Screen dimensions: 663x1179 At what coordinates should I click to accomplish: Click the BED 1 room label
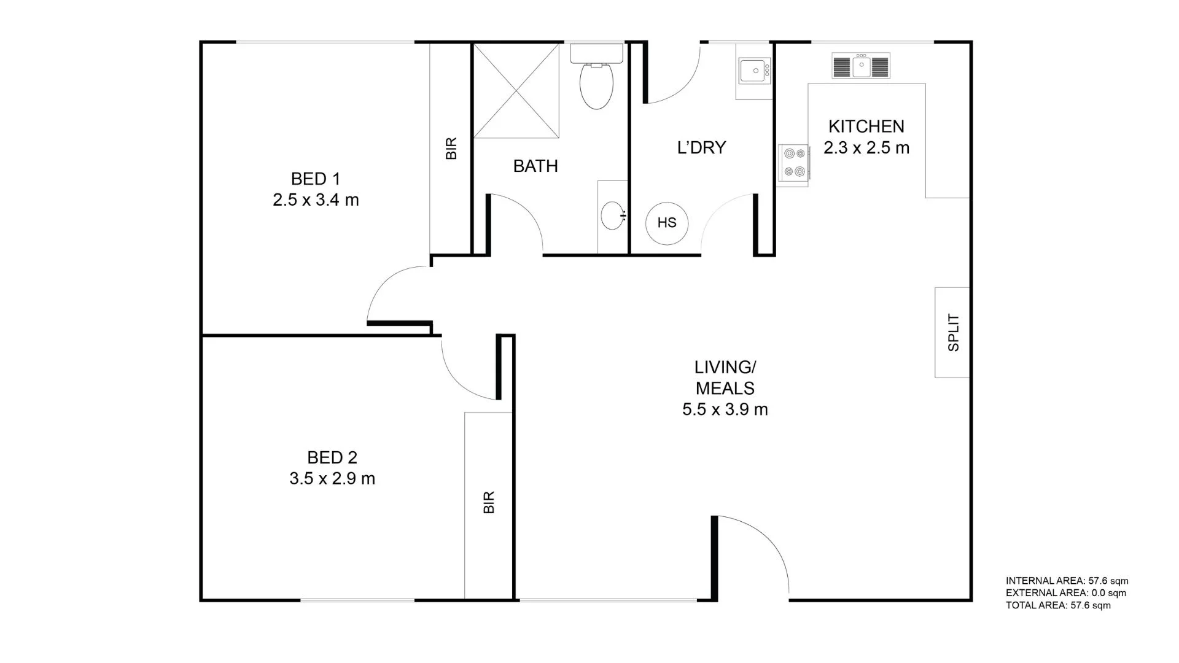315,179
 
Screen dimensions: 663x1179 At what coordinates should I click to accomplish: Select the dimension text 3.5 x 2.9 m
332,479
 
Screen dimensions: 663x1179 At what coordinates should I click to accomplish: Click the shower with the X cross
516,90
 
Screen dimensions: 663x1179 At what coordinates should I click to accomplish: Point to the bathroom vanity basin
612,215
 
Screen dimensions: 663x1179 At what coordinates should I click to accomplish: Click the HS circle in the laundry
667,223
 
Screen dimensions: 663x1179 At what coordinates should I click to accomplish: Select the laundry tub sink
754,71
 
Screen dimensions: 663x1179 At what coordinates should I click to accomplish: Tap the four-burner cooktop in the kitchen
793,163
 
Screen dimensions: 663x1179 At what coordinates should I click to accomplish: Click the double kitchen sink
861,65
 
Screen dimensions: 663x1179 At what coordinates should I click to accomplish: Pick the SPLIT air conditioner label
953,332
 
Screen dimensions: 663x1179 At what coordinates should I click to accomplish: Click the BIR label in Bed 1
451,149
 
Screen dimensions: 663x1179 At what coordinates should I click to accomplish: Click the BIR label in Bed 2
489,502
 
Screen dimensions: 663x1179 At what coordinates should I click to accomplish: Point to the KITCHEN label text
866,126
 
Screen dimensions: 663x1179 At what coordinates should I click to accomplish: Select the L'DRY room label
701,147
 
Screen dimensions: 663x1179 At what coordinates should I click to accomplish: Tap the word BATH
535,166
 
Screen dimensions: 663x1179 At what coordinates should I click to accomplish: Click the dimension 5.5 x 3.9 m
725,409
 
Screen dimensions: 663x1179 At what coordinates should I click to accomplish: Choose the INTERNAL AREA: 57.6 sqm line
1067,581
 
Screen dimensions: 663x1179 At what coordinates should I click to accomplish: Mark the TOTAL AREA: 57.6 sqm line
1058,605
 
